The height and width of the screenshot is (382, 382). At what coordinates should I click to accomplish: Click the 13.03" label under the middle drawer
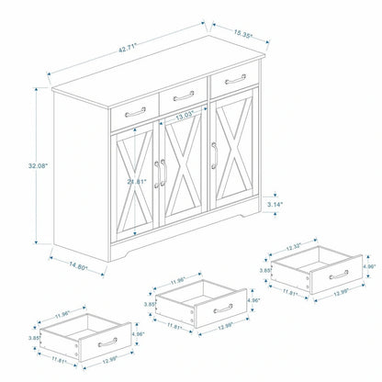(185, 116)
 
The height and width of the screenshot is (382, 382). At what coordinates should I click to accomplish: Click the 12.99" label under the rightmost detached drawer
(343, 298)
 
